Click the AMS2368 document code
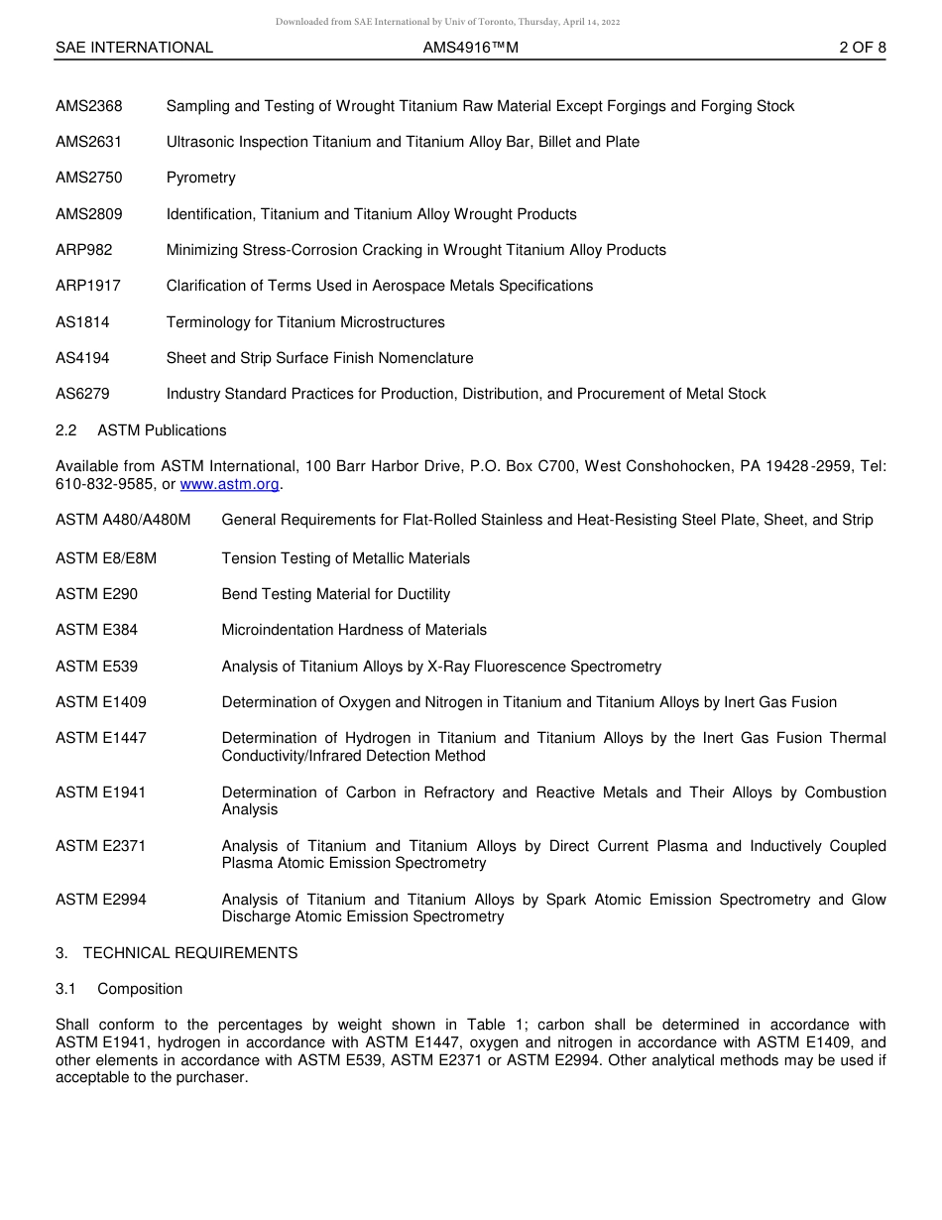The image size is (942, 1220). [x=89, y=106]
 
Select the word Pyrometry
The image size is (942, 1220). [x=200, y=179]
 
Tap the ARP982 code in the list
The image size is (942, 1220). [x=83, y=250]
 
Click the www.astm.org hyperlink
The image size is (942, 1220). [x=230, y=485]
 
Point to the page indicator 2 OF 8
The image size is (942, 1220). [x=862, y=48]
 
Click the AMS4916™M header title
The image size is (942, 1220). [x=470, y=48]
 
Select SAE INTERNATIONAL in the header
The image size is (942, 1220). [x=134, y=48]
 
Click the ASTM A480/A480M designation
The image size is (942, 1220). [x=123, y=521]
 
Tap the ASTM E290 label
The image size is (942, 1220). [x=96, y=594]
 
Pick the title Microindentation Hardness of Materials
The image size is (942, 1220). [x=354, y=630]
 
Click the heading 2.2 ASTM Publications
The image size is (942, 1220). [x=141, y=430]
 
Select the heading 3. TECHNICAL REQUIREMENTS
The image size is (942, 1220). [x=177, y=953]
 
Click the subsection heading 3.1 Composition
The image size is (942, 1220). [x=119, y=989]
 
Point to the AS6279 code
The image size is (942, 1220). [x=82, y=394]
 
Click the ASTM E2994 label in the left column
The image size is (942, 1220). [x=100, y=900]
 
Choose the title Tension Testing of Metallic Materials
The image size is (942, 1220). [x=345, y=558]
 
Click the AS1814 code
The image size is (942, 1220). [x=82, y=322]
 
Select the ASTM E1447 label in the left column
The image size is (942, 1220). [x=100, y=738]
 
